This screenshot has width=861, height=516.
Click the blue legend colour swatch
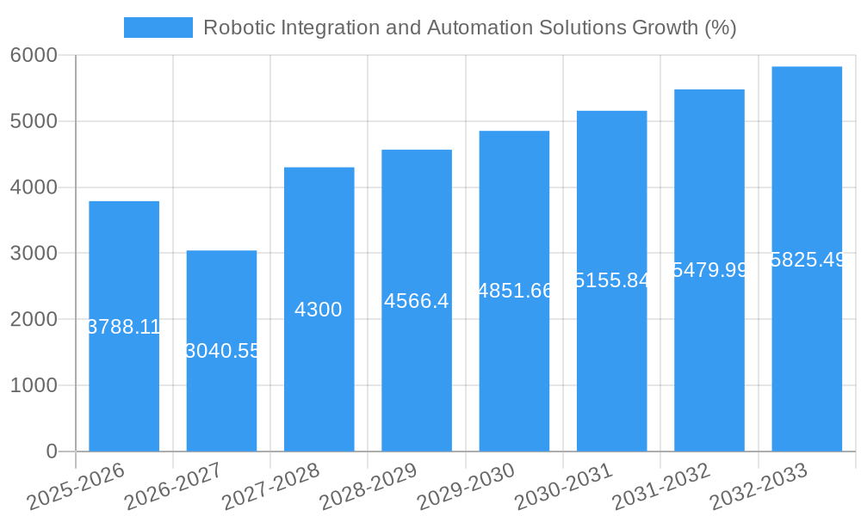click(158, 28)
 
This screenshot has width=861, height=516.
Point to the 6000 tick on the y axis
click(34, 56)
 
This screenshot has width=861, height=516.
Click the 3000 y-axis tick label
click(34, 254)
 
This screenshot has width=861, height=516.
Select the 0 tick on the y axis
click(51, 451)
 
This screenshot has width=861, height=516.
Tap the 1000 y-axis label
click(34, 385)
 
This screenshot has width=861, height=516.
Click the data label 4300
click(319, 310)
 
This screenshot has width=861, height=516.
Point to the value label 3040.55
click(221, 351)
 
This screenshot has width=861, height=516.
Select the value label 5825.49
click(807, 260)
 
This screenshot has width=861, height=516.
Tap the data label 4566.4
click(417, 301)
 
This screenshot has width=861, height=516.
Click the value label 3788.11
click(124, 327)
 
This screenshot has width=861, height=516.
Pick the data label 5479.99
click(709, 270)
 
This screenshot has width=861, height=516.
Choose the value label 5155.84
click(611, 280)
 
